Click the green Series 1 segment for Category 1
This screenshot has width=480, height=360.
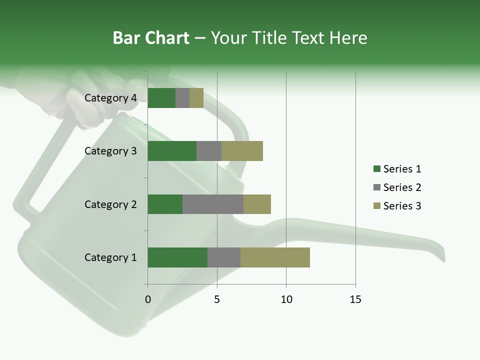pos(177,257)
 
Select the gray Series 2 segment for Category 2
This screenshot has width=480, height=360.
pos(213,204)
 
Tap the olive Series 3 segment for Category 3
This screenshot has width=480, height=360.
pos(242,151)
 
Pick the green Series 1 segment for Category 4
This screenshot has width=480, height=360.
pos(161,98)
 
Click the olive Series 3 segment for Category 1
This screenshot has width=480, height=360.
pos(275,257)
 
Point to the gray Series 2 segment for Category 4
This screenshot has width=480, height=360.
pos(182,98)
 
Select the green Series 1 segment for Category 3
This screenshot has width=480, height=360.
pos(172,151)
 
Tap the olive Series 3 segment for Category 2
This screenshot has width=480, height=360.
pos(257,204)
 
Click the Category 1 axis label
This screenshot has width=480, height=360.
pos(110,257)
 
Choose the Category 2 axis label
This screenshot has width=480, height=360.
pos(110,204)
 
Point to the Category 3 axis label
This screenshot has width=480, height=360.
pos(110,151)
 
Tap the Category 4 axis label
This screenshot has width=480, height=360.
pos(110,98)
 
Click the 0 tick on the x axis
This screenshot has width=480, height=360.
pos(147,299)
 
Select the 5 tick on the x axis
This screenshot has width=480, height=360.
pos(217,299)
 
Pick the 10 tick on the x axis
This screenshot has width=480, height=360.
pos(286,299)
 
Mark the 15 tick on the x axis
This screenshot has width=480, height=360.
pos(355,299)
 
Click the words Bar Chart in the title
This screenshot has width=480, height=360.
pos(151,38)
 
